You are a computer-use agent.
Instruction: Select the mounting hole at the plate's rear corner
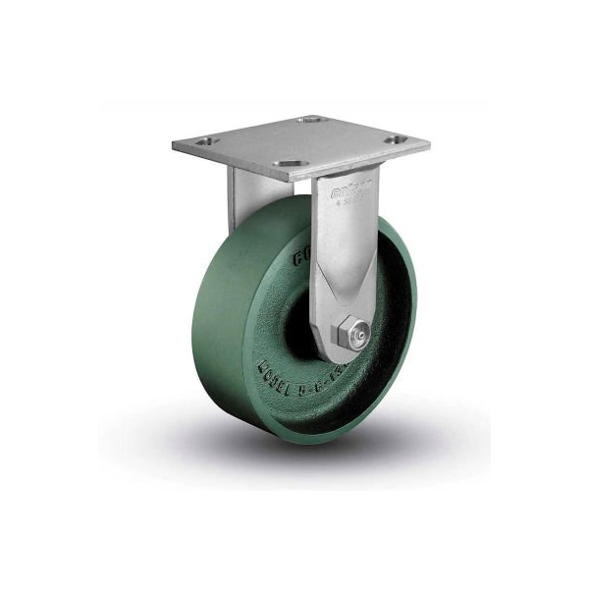pos(311,121)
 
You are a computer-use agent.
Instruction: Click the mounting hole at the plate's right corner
pos(396,142)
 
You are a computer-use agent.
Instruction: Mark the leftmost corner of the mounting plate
pos(174,148)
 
